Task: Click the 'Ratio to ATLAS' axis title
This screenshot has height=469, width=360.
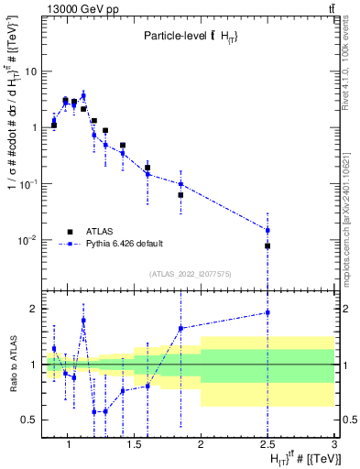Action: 13,365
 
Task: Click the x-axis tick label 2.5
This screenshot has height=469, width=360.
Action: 267,445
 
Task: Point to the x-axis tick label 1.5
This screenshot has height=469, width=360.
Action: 135,445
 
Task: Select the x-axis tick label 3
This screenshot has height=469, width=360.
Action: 334,445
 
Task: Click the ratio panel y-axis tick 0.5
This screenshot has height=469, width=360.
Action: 30,420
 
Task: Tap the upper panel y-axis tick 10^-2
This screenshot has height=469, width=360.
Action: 27,241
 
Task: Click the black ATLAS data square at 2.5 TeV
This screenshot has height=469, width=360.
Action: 267,245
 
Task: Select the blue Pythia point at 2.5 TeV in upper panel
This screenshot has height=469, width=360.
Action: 267,230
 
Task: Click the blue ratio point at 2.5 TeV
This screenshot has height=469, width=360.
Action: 267,312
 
